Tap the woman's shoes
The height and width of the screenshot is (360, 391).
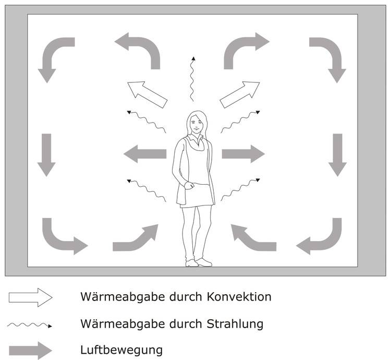[x=199, y=262]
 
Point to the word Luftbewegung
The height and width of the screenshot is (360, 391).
[x=121, y=350]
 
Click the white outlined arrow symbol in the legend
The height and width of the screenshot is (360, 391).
[x=30, y=297]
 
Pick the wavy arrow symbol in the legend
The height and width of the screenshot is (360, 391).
[x=30, y=325]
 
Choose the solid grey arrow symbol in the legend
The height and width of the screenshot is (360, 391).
[x=30, y=350]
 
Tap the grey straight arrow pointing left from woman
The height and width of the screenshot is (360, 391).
[x=144, y=154]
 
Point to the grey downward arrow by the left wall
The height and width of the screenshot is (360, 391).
[x=46, y=154]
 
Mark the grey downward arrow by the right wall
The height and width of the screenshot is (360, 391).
[x=338, y=154]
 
